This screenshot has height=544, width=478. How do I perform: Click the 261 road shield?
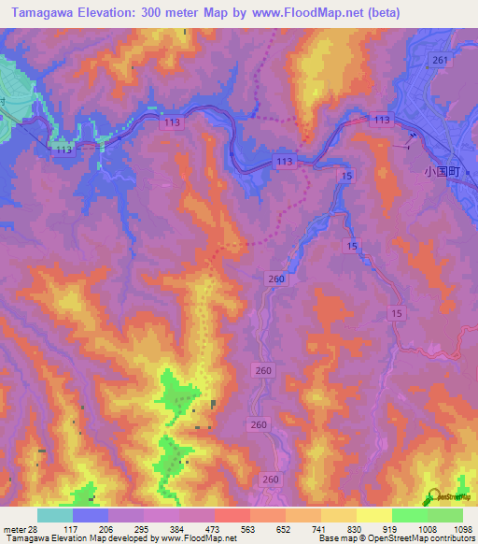(441, 60)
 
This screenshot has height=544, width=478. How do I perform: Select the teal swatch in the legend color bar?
(55, 516)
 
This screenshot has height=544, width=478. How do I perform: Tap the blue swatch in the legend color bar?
(91, 516)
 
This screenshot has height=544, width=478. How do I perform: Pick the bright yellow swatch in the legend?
(373, 516)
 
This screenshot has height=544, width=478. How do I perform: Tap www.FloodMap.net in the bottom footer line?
(199, 538)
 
